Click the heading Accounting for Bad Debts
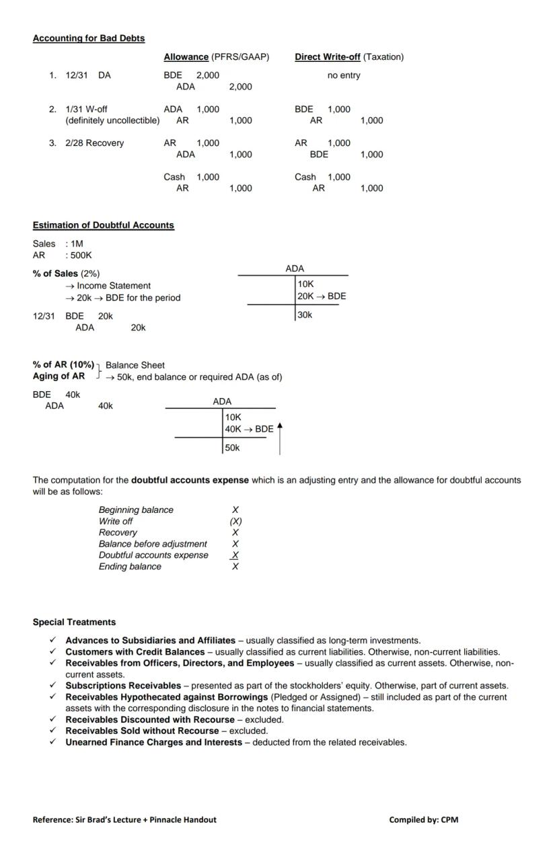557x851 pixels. click(x=88, y=38)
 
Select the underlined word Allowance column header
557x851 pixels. click(x=186, y=57)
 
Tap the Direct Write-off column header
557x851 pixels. click(x=327, y=57)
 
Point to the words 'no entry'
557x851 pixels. click(x=343, y=75)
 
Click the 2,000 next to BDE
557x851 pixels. click(x=207, y=75)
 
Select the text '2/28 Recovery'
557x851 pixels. click(x=94, y=143)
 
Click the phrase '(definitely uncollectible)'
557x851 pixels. click(x=112, y=121)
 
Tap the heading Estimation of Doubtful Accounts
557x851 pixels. click(x=103, y=225)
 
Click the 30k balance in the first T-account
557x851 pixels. click(x=305, y=315)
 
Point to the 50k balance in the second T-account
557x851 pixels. click(x=232, y=448)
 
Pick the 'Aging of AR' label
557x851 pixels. click(x=59, y=376)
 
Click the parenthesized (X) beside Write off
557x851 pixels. click(x=235, y=522)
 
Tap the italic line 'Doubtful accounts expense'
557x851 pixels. click(x=153, y=555)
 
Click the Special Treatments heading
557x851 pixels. click(x=74, y=622)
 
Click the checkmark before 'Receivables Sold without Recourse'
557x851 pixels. click(x=52, y=731)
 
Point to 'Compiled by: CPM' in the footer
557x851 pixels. click(x=423, y=819)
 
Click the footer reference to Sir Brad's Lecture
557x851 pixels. click(x=124, y=819)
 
